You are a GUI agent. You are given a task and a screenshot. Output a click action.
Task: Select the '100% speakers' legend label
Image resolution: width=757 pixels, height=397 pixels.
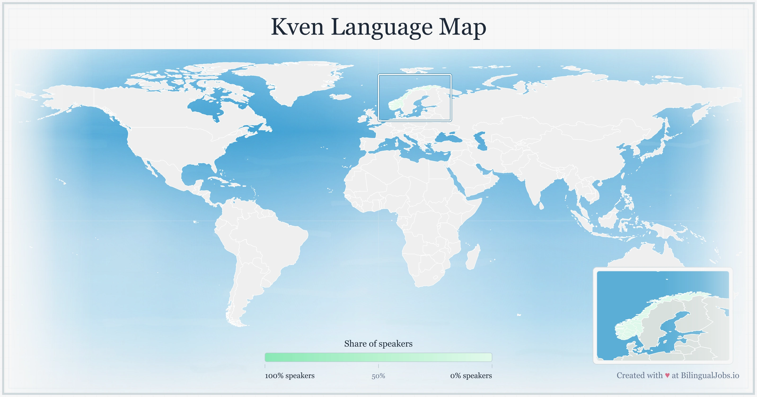[x=290, y=375]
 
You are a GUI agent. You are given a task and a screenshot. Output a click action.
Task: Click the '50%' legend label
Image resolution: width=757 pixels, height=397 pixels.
[x=378, y=376]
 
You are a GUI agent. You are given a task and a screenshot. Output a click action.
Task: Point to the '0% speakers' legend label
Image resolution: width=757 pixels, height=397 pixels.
[x=471, y=375]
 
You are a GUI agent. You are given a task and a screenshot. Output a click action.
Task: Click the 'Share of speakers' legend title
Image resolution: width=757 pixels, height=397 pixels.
[x=378, y=344]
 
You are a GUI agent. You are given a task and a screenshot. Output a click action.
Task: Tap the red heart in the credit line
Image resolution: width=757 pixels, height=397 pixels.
[x=667, y=375]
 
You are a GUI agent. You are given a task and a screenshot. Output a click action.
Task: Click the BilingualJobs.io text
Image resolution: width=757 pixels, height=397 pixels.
[x=710, y=375]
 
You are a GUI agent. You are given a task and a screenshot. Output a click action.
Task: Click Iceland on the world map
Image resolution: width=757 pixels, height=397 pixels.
[x=341, y=96]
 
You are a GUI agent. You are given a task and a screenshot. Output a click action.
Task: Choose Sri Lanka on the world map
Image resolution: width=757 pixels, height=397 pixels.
[x=541, y=206]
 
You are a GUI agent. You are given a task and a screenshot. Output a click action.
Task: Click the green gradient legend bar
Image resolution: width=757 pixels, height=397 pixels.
[x=378, y=357]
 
